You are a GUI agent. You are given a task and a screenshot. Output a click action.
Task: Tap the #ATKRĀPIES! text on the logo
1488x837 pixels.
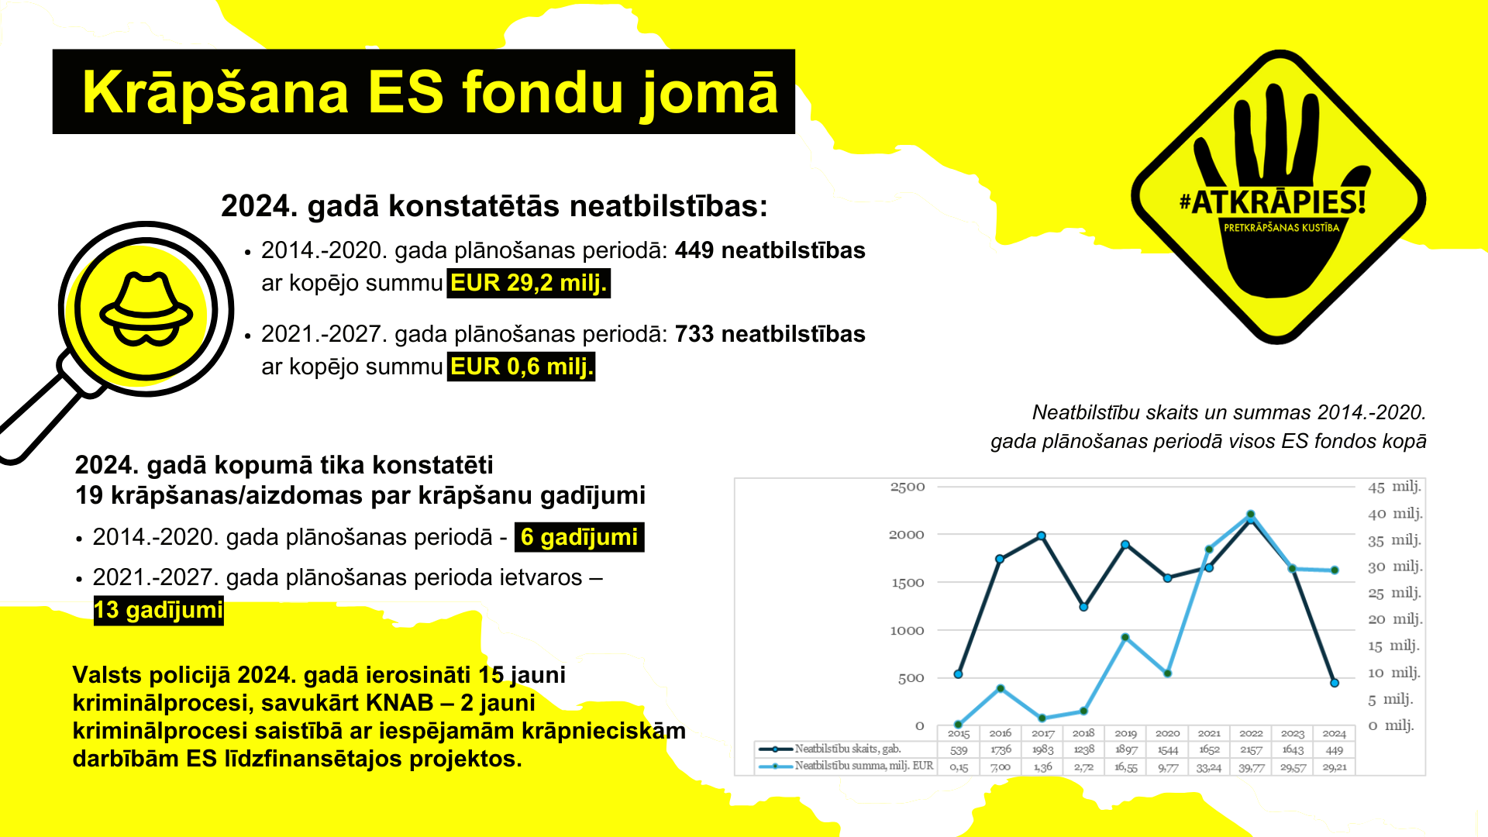coord(1272,203)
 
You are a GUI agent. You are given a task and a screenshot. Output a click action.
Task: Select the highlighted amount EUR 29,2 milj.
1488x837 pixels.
coord(529,284)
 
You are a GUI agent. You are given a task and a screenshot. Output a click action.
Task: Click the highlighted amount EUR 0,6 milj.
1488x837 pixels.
coord(522,367)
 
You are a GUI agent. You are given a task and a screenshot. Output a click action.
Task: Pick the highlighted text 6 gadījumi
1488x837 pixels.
coord(579,537)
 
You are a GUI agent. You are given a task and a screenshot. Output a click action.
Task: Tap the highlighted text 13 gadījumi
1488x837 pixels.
coord(158,611)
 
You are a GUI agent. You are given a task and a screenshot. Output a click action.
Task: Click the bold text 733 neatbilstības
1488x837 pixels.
coord(770,334)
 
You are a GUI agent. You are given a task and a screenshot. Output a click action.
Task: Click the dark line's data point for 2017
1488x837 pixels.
coord(1042,536)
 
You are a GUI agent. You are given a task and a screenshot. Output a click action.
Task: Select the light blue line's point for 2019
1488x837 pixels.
coord(1125,637)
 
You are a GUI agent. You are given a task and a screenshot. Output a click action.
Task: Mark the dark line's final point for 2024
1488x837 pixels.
coord(1335,683)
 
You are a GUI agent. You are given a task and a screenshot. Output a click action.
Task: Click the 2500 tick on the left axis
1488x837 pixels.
coord(908,487)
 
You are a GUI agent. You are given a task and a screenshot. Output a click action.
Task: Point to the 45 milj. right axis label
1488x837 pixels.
coord(1394,487)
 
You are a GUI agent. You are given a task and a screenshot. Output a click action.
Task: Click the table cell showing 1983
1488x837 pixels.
coord(1042,749)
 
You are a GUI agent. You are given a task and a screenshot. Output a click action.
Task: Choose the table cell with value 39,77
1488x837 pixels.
coord(1251,766)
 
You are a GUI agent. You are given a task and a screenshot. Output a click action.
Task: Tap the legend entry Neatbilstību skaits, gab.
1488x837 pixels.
coord(847,749)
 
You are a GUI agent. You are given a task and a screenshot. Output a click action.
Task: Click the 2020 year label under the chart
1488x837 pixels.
coord(1167,733)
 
